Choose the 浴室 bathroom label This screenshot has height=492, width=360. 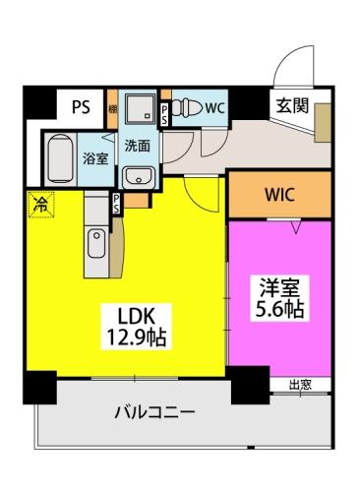point(94,158)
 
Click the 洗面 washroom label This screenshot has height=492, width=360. point(137,146)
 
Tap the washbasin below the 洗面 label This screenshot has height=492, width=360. point(137,175)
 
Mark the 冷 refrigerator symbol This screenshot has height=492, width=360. point(41,204)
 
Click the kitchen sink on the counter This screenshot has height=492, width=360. point(97,242)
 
